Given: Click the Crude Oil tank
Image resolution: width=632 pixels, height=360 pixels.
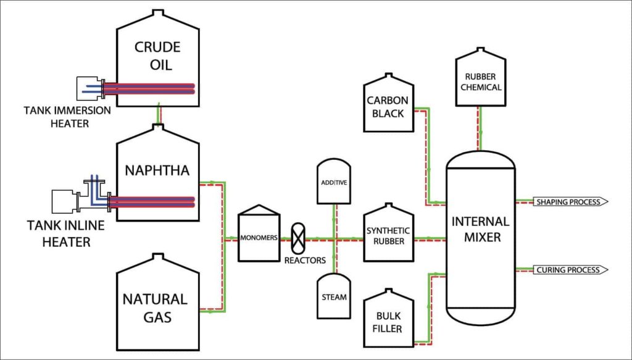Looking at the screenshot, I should [x=158, y=56].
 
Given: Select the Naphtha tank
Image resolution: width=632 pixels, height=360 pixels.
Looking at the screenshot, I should [x=158, y=170].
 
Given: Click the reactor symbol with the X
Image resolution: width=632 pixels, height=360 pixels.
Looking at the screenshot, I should [x=297, y=238].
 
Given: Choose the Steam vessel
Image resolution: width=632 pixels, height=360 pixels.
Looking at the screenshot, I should [x=334, y=296].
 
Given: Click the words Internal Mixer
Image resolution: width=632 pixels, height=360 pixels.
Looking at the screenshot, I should [x=480, y=228].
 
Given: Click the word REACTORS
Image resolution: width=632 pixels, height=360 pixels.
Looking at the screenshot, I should [x=305, y=260].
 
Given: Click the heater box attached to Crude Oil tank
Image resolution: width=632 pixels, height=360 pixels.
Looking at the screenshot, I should [x=88, y=88].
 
